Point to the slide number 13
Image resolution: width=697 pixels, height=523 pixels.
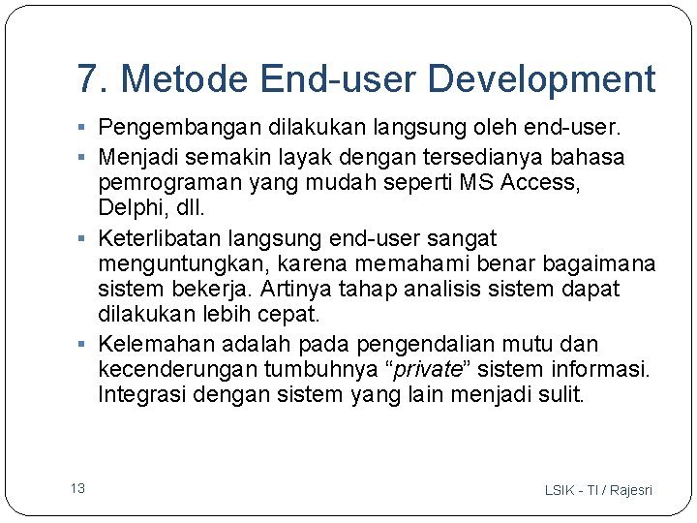[77, 488]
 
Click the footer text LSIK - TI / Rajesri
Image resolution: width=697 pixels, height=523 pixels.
[598, 490]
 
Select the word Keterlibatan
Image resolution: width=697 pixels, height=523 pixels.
[159, 238]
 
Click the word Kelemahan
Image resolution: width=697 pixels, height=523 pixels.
[156, 344]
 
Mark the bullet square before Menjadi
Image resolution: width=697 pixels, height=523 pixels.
[86, 156]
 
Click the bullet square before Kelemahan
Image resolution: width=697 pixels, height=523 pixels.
[86, 345]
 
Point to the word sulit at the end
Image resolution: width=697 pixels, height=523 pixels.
[561, 395]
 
